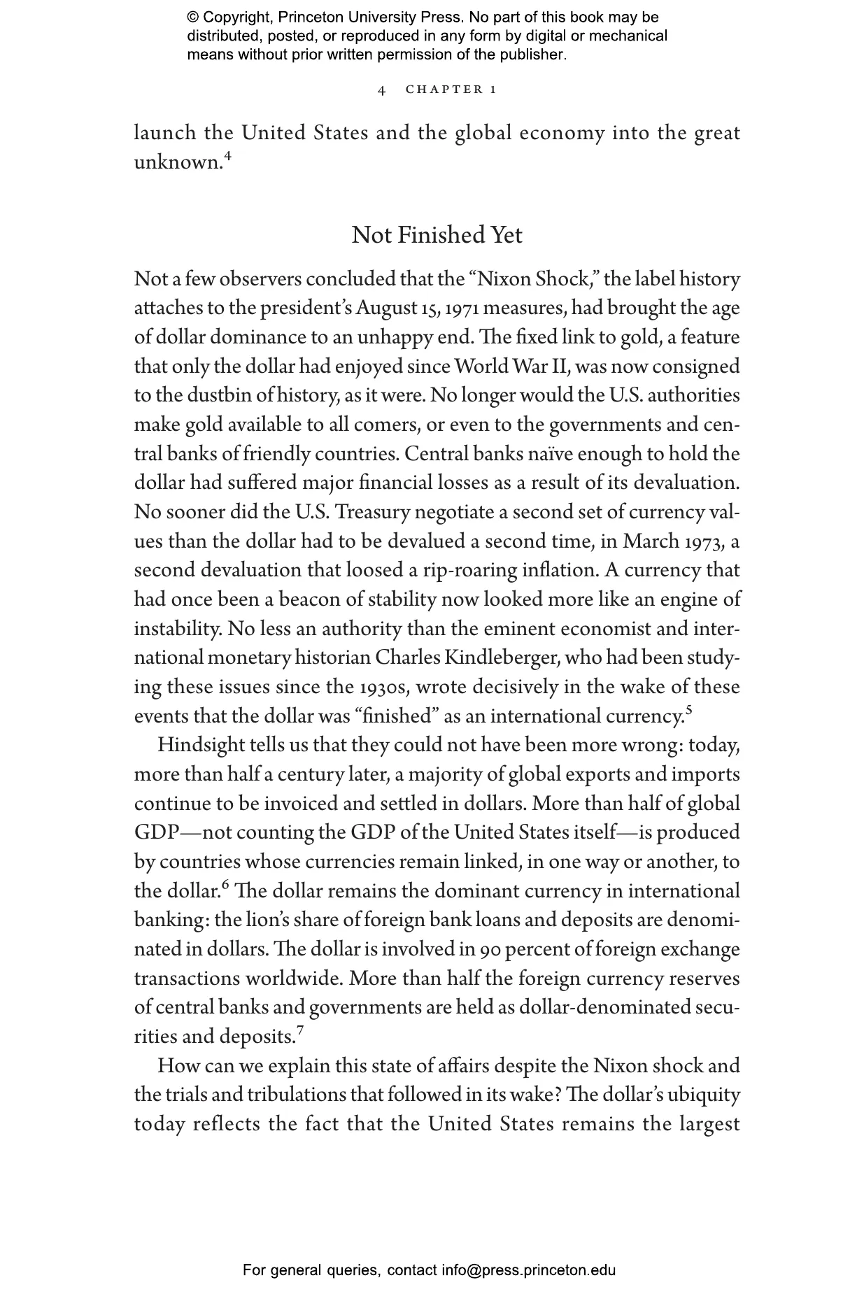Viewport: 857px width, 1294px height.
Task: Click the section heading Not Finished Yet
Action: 437,235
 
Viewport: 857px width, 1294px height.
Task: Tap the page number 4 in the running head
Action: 381,90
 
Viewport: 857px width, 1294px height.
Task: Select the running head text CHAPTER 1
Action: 451,90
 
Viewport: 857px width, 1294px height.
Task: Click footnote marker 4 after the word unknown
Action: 228,156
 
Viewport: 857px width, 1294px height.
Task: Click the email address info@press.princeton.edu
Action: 528,1270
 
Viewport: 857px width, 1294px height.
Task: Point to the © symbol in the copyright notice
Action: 193,17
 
